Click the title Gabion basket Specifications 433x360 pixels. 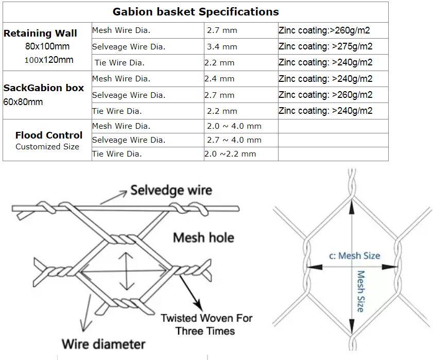pos(196,11)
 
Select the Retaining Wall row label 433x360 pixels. pos(40,33)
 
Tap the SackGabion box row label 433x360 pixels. pos(44,88)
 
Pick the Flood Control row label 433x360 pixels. pos(49,135)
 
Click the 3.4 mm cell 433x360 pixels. pos(222,47)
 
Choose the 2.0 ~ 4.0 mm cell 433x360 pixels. pos(234,126)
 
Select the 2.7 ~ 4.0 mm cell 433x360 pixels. pos(234,140)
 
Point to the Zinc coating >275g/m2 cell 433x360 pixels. pos(325,47)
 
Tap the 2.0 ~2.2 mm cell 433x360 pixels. pos(230,154)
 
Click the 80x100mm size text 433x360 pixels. pos(47,46)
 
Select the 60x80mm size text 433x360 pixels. pos(23,101)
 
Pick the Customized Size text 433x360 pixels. pos(47,147)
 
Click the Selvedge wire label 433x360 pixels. pos(171,190)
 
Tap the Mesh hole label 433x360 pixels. pos(203,237)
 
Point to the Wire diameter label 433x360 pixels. pos(103,344)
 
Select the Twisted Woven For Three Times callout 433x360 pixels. pos(206,324)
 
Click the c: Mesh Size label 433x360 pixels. pos(354,255)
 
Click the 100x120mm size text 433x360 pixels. pos(49,60)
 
